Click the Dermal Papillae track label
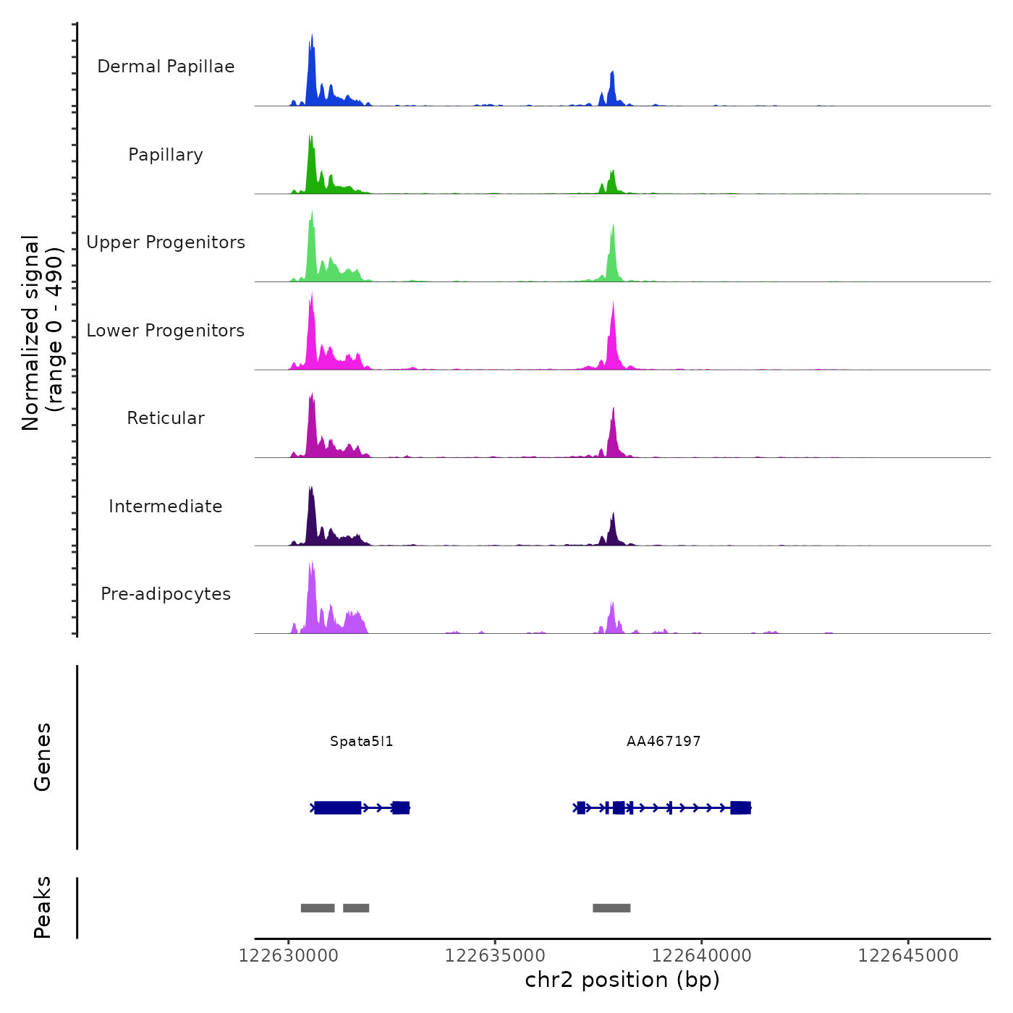pos(166,67)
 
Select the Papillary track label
pos(166,155)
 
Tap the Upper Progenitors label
pos(166,242)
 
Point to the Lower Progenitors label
pos(166,331)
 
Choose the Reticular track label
pos(166,418)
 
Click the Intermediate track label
pos(166,506)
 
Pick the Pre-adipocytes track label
pos(166,594)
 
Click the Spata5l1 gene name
pos(361,742)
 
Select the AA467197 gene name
pos(664,742)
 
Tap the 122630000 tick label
pos(289,956)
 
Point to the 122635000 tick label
pos(495,956)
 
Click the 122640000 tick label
pos(702,956)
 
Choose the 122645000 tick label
pos(908,956)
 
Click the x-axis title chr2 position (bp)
pos(622,980)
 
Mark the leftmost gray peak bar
pos(318,908)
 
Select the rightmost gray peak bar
pos(611,908)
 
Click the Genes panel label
pos(43,757)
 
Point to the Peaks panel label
pos(43,907)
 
